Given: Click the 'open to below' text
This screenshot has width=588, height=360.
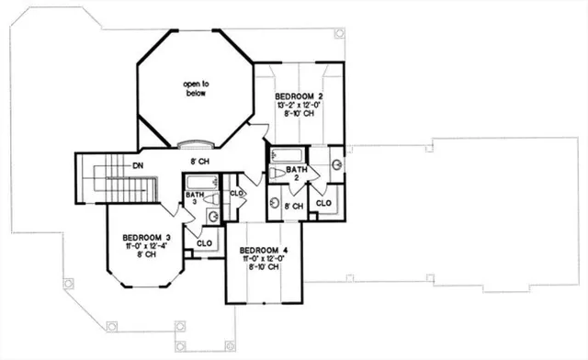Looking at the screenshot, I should pyautogui.click(x=193, y=87).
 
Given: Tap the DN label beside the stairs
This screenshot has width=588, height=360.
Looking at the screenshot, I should pyautogui.click(x=137, y=165).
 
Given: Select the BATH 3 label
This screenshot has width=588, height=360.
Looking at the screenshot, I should pyautogui.click(x=194, y=199).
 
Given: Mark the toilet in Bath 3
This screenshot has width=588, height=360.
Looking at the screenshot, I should pyautogui.click(x=210, y=198).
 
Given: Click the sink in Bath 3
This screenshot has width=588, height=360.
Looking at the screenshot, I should pyautogui.click(x=213, y=217).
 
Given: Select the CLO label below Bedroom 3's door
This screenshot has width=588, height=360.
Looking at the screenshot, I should pyautogui.click(x=205, y=243).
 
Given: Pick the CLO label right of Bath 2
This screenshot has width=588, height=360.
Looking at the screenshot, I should pyautogui.click(x=323, y=203).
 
